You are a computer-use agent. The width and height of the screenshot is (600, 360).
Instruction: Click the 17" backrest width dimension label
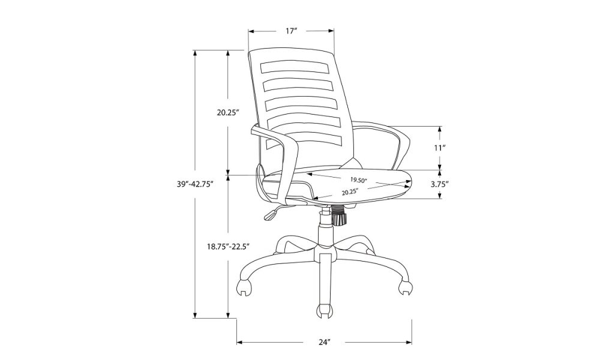click(291, 31)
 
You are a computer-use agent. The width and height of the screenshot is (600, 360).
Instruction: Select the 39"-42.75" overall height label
click(195, 184)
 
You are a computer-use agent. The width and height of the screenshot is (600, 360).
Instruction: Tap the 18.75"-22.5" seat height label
click(229, 247)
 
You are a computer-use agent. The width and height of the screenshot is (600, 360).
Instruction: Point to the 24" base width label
click(324, 342)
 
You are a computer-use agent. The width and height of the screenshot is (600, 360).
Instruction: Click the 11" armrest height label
click(440, 148)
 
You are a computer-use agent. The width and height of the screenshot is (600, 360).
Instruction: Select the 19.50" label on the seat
click(359, 179)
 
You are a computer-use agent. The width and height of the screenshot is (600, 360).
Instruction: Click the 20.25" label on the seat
click(350, 192)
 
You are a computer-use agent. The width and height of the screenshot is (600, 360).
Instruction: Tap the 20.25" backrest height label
click(228, 112)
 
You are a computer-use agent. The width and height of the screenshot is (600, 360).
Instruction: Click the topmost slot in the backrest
click(295, 67)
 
